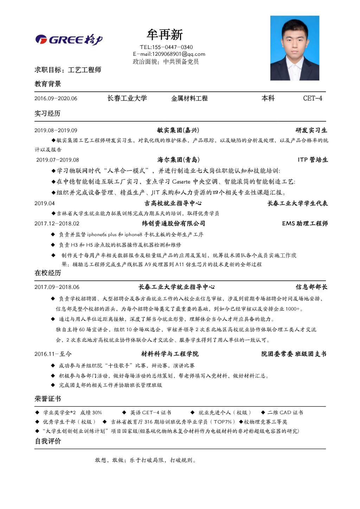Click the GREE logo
tap(69, 40)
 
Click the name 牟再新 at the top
tap(165, 35)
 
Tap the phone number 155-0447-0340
tap(172, 47)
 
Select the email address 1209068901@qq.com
tap(178, 54)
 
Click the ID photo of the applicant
tap(295, 48)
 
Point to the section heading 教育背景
tap(48, 84)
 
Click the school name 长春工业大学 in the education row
tap(127, 98)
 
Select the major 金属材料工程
tap(189, 98)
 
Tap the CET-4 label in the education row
tap(313, 98)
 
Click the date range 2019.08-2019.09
tap(56, 130)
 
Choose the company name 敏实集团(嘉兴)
tap(178, 130)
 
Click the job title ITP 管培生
tap(313, 160)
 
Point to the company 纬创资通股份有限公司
tap(173, 224)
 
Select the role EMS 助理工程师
tap(305, 224)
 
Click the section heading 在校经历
tap(48, 273)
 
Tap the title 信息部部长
tap(311, 287)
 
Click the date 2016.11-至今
tap(53, 354)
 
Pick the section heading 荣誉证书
tap(48, 399)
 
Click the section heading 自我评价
tap(48, 441)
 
